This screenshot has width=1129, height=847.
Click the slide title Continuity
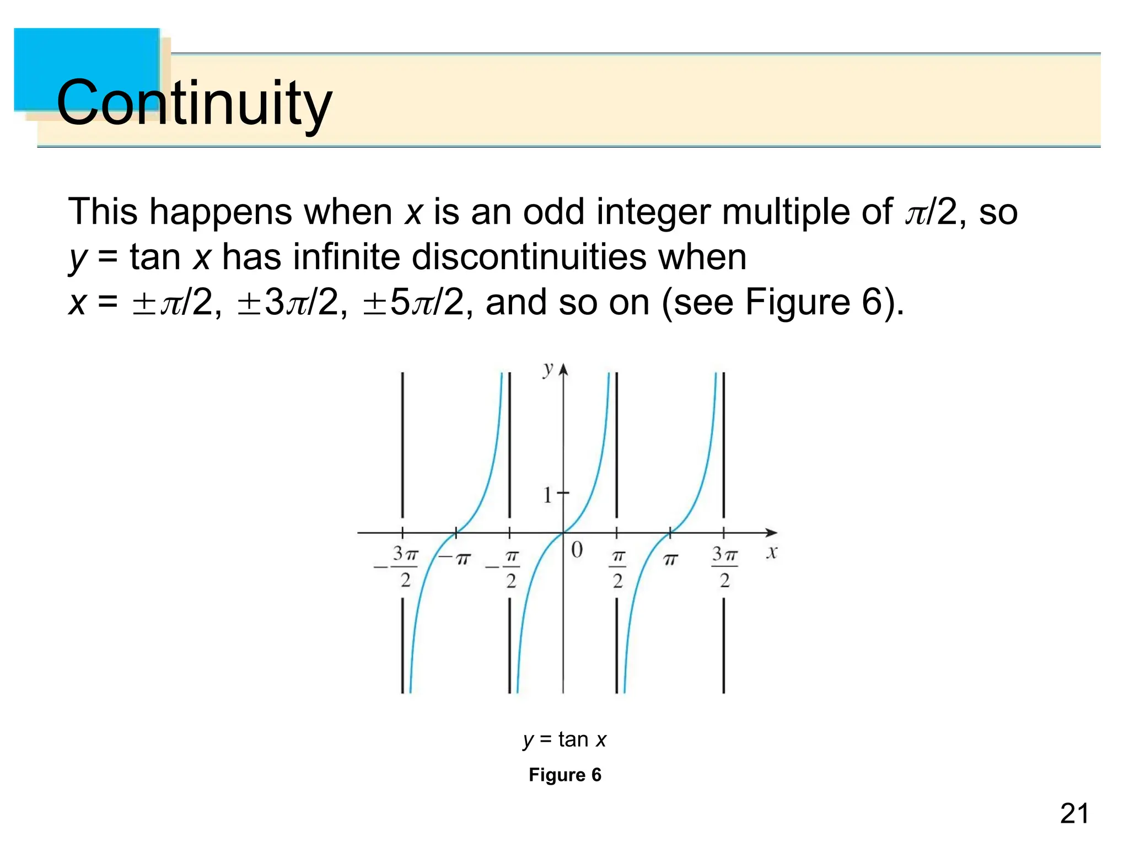pyautogui.click(x=194, y=103)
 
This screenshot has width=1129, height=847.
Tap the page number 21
pyautogui.click(x=1074, y=814)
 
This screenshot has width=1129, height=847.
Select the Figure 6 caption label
pyautogui.click(x=564, y=775)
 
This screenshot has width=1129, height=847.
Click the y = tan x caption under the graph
pyautogui.click(x=564, y=739)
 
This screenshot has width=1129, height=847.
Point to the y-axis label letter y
pyautogui.click(x=547, y=369)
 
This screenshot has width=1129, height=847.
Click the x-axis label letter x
pyautogui.click(x=772, y=552)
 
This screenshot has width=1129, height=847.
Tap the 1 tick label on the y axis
pyautogui.click(x=547, y=495)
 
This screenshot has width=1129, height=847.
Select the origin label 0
pyautogui.click(x=577, y=550)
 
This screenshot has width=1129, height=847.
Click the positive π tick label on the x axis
pyautogui.click(x=670, y=560)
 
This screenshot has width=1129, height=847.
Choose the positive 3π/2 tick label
pyautogui.click(x=724, y=567)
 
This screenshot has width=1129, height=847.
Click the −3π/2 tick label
pyautogui.click(x=398, y=567)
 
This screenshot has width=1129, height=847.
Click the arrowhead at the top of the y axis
pyautogui.click(x=563, y=368)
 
